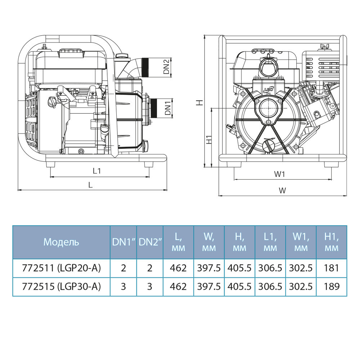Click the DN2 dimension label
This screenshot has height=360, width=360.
pyautogui.click(x=166, y=67)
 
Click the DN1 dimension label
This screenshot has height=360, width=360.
pyautogui.click(x=167, y=108)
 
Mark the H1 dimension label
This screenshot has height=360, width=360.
pyautogui.click(x=208, y=140)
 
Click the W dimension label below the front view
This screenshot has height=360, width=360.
pyautogui.click(x=283, y=190)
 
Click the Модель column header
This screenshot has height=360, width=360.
pyautogui.click(x=61, y=242)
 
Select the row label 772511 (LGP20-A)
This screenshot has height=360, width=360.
pyautogui.click(x=61, y=268)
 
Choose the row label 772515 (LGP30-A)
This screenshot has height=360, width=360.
pyautogui.click(x=61, y=287)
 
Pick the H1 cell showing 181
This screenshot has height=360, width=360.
pyautogui.click(x=332, y=268)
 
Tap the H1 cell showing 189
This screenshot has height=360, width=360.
pyautogui.click(x=332, y=287)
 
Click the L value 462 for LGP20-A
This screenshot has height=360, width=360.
pyautogui.click(x=179, y=268)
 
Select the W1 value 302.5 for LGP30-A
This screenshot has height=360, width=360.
pyautogui.click(x=301, y=287)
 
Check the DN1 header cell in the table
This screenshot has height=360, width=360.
pyautogui.click(x=123, y=242)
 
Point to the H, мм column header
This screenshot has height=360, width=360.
pyautogui.click(x=240, y=242)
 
